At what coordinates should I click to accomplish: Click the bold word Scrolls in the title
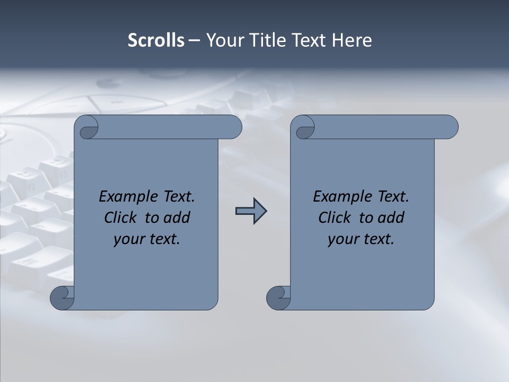coord(156,40)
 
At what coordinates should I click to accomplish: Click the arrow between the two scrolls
coord(251,211)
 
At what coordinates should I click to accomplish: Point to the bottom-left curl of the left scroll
coord(62,298)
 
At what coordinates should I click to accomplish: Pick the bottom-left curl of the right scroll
coord(278,298)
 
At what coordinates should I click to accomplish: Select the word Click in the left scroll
coord(120,218)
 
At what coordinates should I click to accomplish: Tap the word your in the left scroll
coord(128,240)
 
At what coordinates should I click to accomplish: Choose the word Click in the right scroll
coord(335,218)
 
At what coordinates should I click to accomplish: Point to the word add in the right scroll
coord(391,218)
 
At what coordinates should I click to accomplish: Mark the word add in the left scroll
coord(177,218)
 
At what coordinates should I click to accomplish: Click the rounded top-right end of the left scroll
coord(233,127)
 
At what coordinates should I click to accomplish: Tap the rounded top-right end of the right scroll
coord(450,127)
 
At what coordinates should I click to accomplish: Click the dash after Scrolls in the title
coord(194,40)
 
